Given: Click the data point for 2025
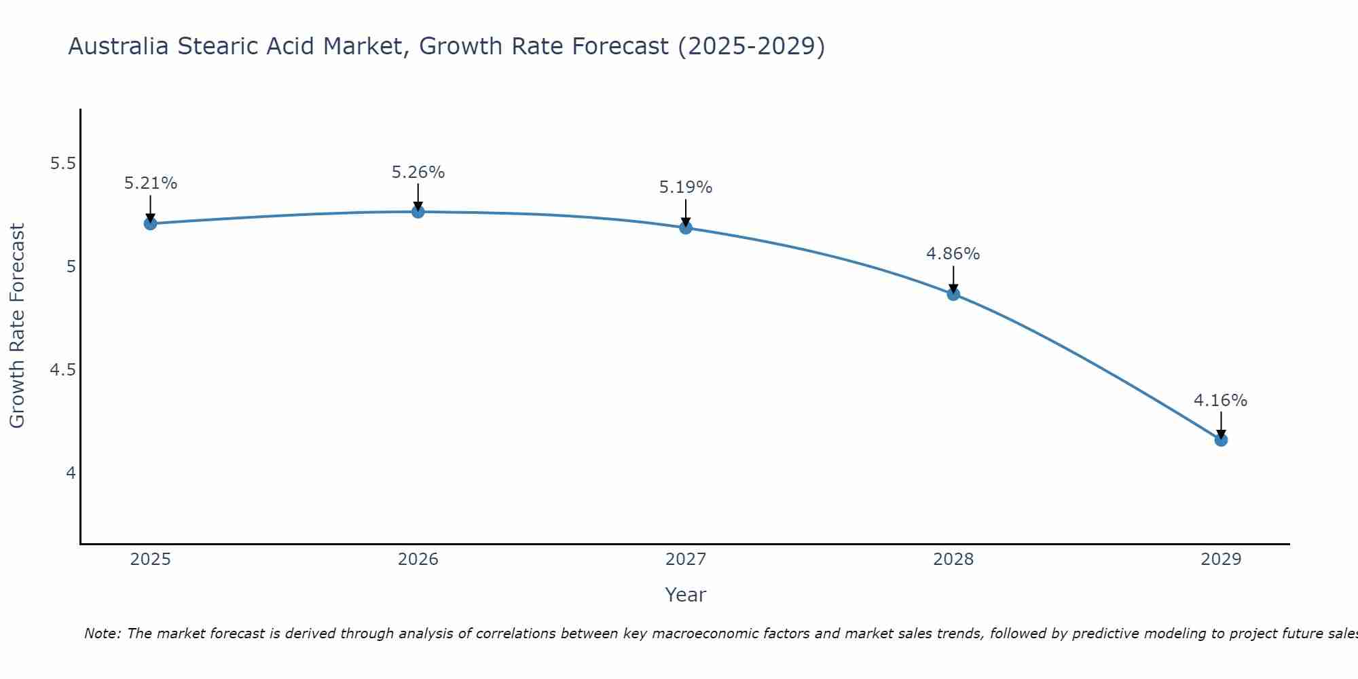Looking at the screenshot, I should click(x=150, y=223).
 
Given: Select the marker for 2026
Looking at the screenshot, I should click(x=418, y=212).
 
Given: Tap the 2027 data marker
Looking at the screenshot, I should click(x=685, y=227).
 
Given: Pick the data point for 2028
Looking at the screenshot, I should click(x=953, y=294).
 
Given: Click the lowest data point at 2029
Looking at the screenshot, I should click(x=1220, y=440).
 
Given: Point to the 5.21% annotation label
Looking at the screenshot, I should click(x=150, y=183).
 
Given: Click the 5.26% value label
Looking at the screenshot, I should click(x=418, y=172).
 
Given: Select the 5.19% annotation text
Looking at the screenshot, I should click(x=685, y=187).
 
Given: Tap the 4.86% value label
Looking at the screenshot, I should click(x=953, y=254).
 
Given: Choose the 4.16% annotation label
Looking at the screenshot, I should click(x=1220, y=401).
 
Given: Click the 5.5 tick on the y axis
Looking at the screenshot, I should click(x=62, y=164).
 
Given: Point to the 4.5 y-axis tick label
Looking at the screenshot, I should click(x=62, y=370).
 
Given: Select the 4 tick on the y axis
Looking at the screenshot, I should click(x=71, y=473).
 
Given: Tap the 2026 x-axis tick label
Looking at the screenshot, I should click(x=418, y=559).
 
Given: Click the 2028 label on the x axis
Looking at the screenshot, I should click(x=953, y=559).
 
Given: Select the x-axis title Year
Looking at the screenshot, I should click(x=685, y=595).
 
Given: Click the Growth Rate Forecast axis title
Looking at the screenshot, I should click(x=17, y=326).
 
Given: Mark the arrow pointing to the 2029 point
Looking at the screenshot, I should click(x=1220, y=425).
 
